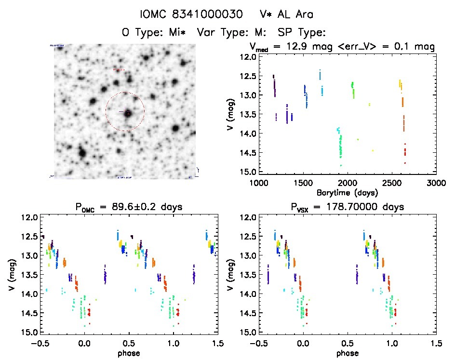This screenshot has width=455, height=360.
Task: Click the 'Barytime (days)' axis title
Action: click(347, 192)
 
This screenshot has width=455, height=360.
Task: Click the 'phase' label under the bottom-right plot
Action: click(347, 353)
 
